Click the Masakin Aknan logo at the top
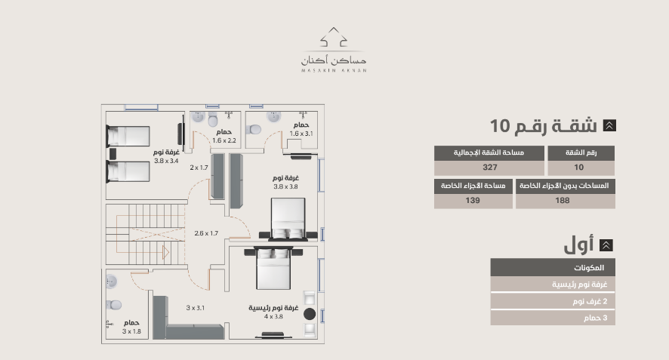[334, 50]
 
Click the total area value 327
[490, 168]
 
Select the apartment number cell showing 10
[579, 168]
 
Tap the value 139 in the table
[473, 201]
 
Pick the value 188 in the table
[563, 201]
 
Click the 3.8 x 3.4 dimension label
[166, 161]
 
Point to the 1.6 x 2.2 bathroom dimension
[224, 140]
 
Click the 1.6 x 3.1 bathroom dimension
[301, 134]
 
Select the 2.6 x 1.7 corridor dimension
[206, 233]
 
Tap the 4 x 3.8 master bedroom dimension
[273, 316]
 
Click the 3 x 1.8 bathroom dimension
[131, 331]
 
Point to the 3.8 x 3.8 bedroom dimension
[286, 186]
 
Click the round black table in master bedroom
[310, 314]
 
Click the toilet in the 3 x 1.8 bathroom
[114, 305]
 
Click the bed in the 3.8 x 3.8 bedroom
[288, 219]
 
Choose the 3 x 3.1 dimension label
[195, 307]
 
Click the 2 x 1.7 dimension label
[199, 168]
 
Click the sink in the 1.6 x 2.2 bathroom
[198, 117]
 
